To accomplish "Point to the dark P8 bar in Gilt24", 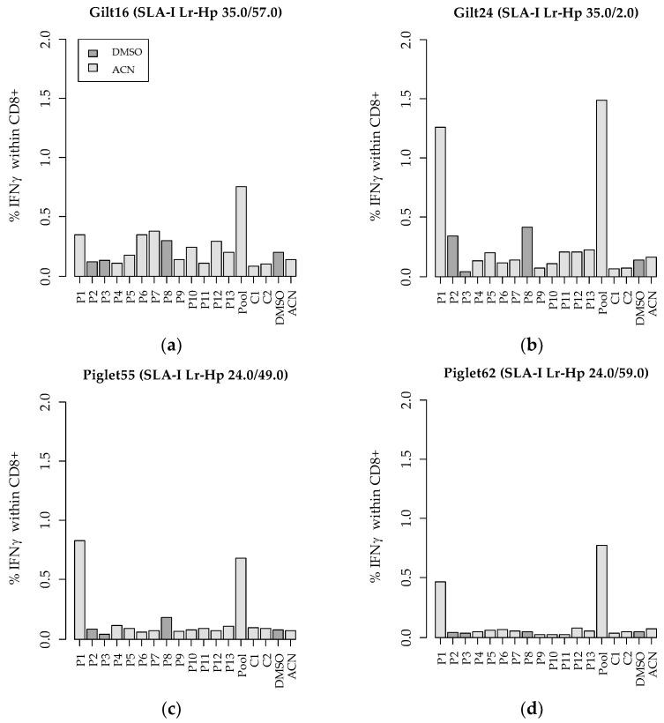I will (527, 251).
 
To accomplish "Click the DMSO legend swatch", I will (93, 53).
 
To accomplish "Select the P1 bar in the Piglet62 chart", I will (440, 609).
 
